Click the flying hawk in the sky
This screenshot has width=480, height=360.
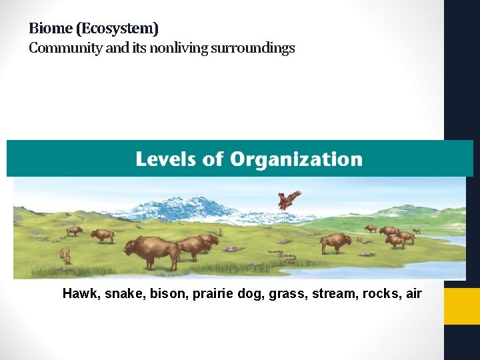tap(289, 199)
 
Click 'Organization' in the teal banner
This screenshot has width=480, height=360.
tap(296, 159)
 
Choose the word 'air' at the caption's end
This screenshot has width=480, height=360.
tap(413, 293)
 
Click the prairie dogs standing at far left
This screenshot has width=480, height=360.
tap(65, 255)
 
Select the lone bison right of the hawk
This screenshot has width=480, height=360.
tap(335, 243)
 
